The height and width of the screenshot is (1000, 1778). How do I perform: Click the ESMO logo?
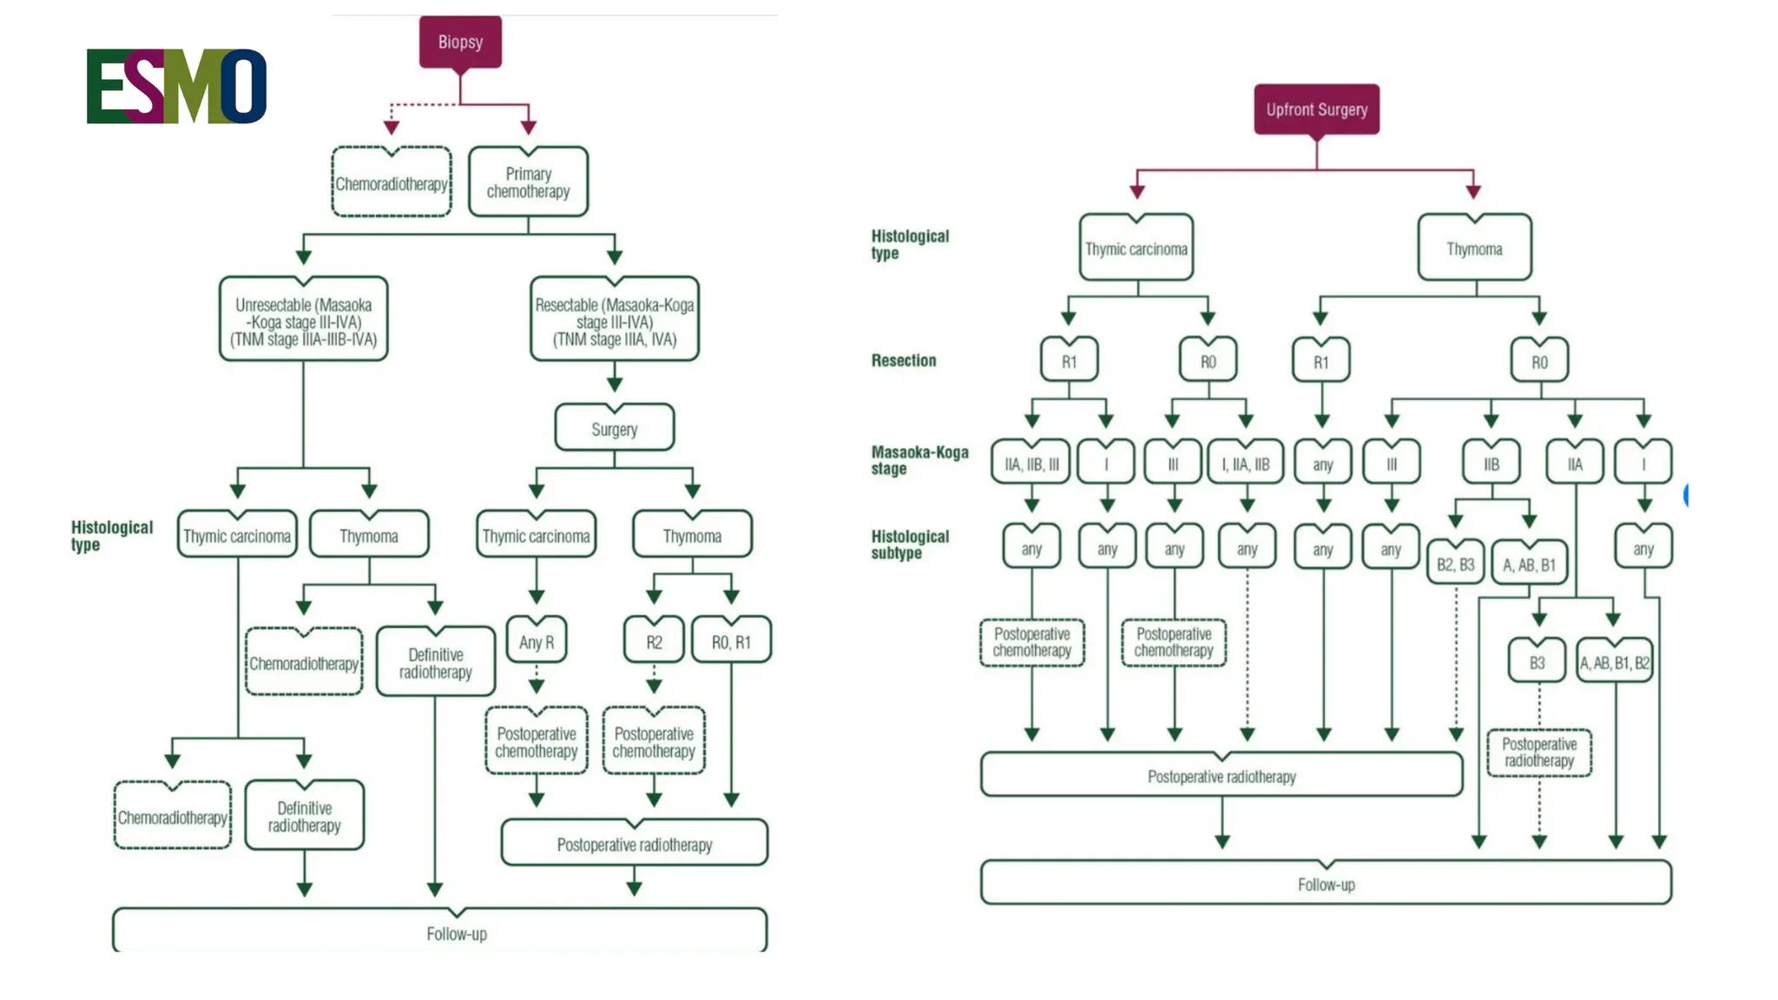coord(176,86)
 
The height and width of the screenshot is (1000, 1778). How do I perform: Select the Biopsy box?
coord(460,42)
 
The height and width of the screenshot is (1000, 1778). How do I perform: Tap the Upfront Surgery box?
coord(1316,109)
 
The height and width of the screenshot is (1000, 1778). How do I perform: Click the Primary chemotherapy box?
coord(528,182)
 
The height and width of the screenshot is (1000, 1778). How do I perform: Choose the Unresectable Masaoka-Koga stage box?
coord(303,321)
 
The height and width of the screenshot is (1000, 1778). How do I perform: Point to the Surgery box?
coord(614,429)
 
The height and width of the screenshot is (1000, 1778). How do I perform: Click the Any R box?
coord(536,641)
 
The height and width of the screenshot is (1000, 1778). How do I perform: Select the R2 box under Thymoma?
coord(654,641)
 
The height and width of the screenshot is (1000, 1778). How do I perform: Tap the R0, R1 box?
coord(731,641)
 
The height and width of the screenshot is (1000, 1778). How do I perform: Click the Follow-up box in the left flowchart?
coord(439,933)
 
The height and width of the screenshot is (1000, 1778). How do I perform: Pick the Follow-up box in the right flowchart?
coord(1326,884)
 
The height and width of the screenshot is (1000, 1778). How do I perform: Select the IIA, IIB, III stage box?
coord(1031,464)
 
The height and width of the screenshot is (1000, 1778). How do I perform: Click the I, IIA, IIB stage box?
coord(1246,464)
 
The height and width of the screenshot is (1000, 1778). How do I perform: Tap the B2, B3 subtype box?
coord(1455,564)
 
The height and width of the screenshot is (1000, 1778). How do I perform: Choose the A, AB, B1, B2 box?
coord(1615,662)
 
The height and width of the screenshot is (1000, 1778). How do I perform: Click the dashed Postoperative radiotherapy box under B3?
coord(1539,752)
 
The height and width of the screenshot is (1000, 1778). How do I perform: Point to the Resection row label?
coord(904,360)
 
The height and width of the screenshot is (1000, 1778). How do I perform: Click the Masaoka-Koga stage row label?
coord(919,460)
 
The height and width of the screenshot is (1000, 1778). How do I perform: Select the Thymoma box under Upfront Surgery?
coord(1474,249)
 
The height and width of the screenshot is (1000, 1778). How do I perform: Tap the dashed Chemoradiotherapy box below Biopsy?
coord(392,183)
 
